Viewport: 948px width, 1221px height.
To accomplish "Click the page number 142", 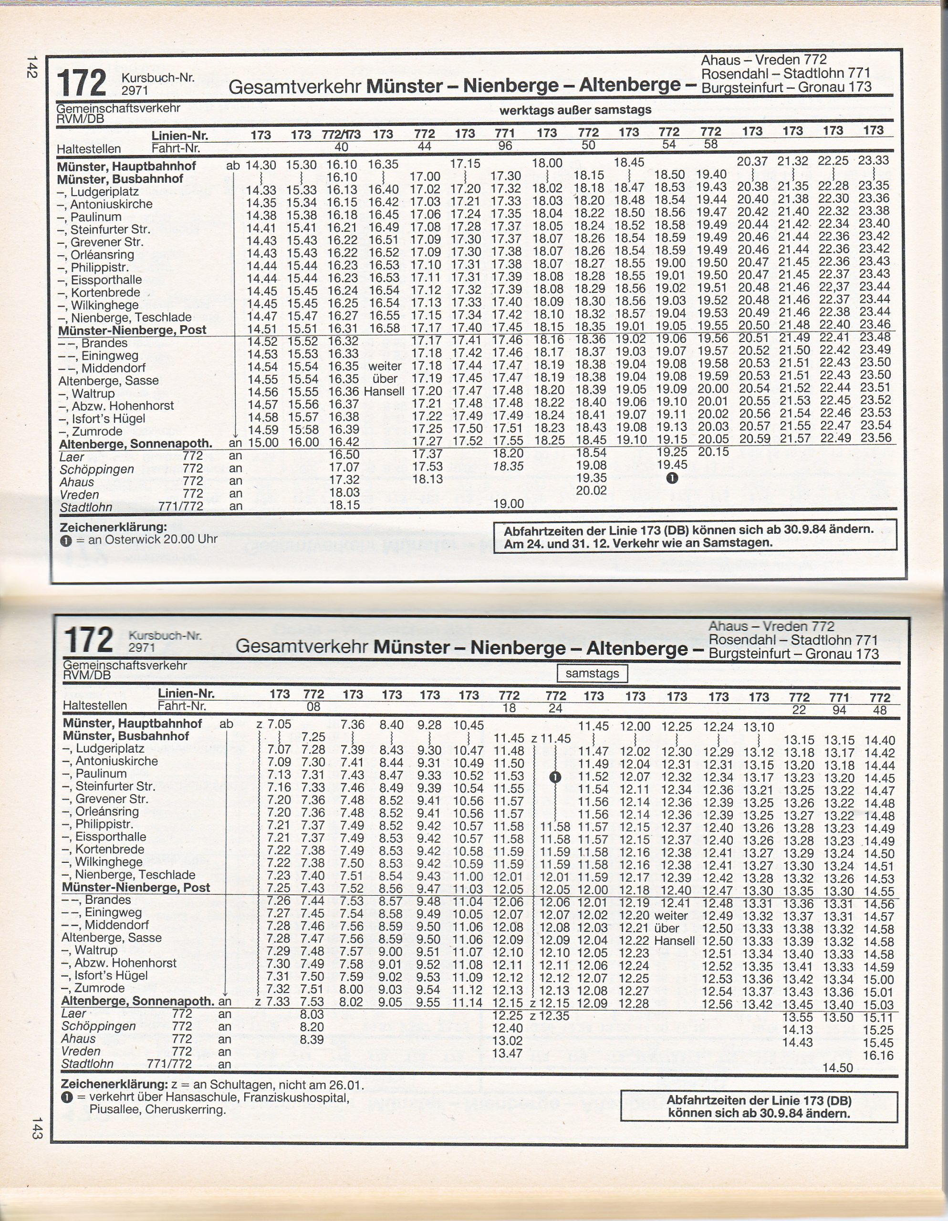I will [31, 67].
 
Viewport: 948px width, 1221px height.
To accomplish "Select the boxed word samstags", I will [592, 673].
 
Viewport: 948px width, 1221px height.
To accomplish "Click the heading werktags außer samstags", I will [575, 110].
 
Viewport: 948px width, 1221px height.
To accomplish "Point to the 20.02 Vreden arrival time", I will [591, 491].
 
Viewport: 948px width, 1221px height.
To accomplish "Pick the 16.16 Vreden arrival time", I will [879, 1055].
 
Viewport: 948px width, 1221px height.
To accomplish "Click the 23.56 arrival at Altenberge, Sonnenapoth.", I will [875, 438].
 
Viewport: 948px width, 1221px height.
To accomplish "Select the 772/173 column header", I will [341, 134].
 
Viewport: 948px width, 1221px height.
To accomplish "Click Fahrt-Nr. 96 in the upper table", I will [505, 145].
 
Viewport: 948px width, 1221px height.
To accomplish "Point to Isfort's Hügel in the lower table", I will [111, 975].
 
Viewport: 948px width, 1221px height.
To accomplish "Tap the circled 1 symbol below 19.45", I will [672, 478].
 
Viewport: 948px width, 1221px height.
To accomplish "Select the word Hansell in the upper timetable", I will [384, 392].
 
